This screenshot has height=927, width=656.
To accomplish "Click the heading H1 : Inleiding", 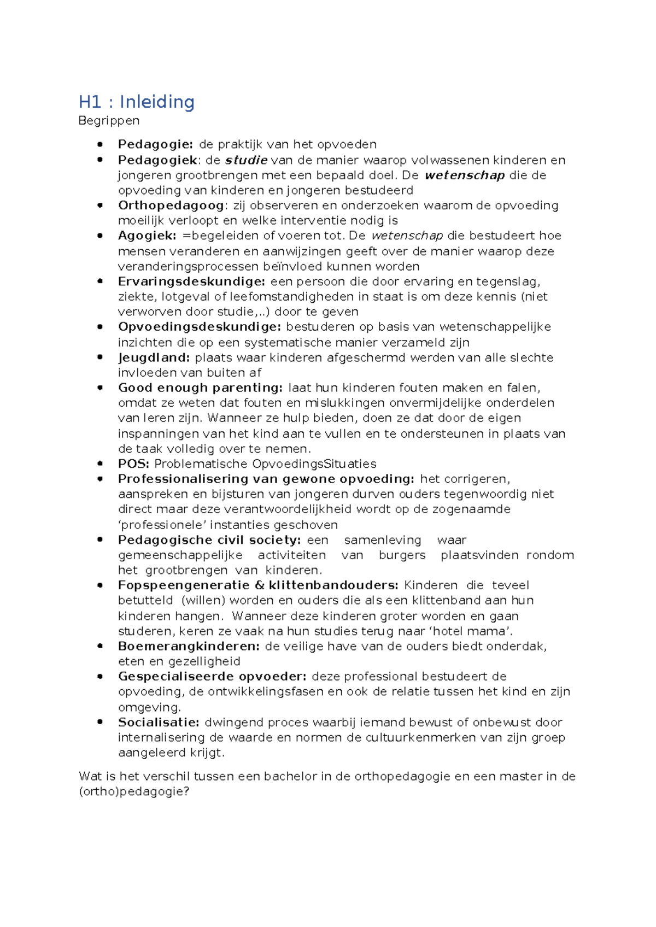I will [x=137, y=102].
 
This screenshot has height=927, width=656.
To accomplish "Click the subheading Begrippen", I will [x=109, y=120].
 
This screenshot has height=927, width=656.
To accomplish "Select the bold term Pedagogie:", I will [x=155, y=144].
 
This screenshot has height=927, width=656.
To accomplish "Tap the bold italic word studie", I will [x=246, y=160].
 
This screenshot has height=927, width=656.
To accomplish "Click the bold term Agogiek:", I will [x=147, y=236].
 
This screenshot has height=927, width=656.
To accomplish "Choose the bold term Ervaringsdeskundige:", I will [x=191, y=281].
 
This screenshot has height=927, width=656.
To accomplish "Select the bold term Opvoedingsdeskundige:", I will [x=200, y=327].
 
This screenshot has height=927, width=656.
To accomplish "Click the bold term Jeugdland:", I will [x=154, y=357].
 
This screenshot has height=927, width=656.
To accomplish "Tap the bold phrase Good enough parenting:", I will [x=201, y=388].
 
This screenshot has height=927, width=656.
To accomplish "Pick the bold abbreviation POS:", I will [x=133, y=464].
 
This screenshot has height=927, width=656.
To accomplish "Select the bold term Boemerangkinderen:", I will [x=189, y=646].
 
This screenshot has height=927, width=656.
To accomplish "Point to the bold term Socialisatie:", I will [x=159, y=722].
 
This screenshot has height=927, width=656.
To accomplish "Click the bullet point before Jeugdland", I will [x=100, y=357].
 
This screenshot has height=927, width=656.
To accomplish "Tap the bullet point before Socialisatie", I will [x=100, y=722].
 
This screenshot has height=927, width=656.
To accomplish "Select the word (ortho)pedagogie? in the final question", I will [x=134, y=791].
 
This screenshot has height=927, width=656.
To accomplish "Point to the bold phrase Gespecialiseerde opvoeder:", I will [x=212, y=677].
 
